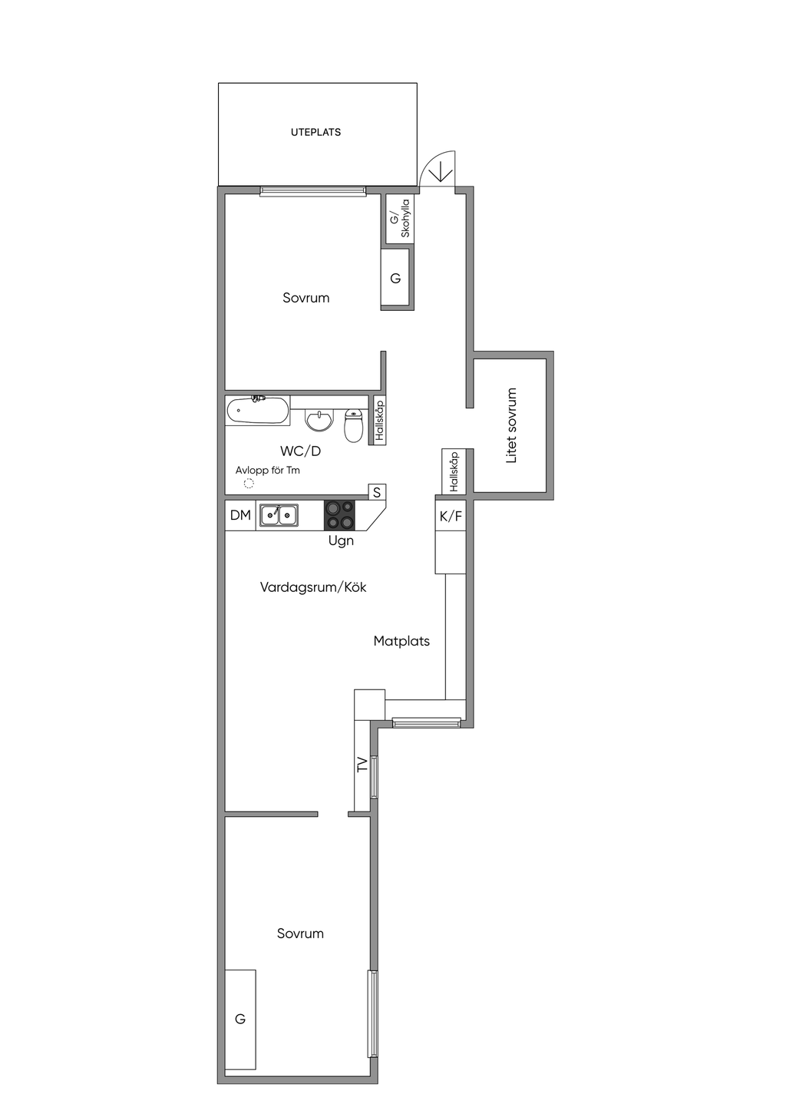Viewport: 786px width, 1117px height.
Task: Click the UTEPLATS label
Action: [315, 132]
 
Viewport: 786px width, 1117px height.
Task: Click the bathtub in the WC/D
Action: [257, 410]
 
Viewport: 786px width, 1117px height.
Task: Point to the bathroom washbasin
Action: [319, 420]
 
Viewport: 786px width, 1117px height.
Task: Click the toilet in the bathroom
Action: [354, 425]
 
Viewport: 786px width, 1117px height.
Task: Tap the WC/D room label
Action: [300, 451]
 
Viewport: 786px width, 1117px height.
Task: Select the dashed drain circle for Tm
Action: [249, 483]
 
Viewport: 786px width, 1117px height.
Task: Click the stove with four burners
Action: [339, 514]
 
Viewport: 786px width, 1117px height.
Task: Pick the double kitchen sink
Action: [278, 515]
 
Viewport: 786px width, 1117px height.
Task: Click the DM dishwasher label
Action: [240, 515]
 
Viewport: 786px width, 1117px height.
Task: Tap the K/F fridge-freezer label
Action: [451, 516]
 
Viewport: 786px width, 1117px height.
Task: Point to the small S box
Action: [377, 492]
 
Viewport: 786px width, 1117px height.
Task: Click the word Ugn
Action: [341, 541]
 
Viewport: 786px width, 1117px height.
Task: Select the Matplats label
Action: [401, 641]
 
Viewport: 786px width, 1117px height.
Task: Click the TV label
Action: [362, 765]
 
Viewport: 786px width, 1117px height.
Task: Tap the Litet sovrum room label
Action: [511, 425]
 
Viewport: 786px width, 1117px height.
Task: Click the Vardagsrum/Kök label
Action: [313, 587]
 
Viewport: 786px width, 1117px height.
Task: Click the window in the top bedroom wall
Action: [312, 190]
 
